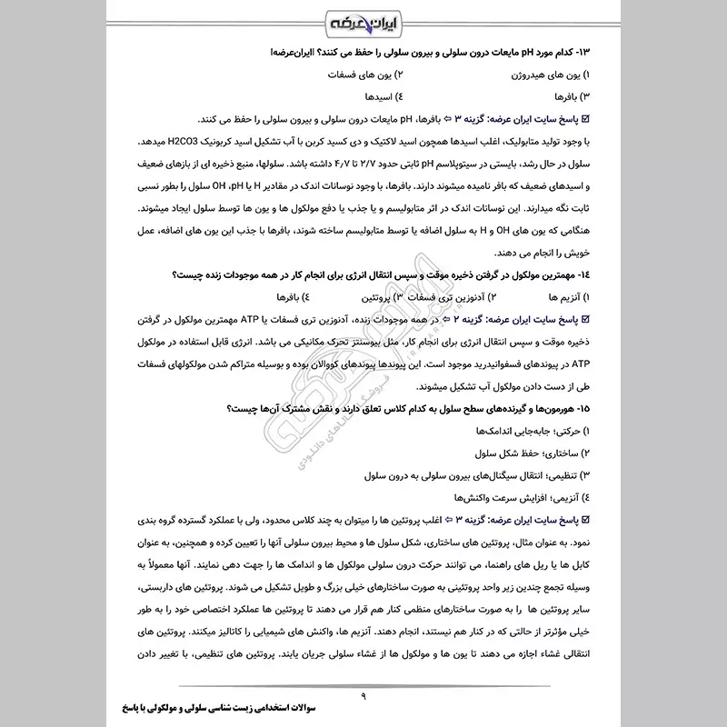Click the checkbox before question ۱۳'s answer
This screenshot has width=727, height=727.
click(x=584, y=119)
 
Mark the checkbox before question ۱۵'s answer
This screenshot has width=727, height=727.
click(x=584, y=519)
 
